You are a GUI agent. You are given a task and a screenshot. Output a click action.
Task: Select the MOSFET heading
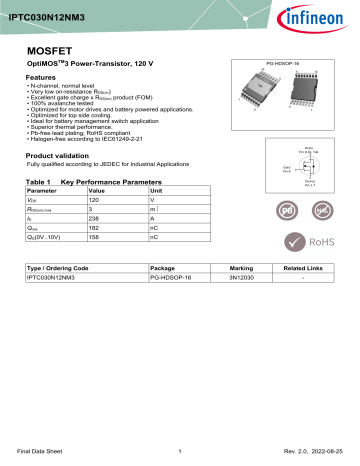(x=47, y=47)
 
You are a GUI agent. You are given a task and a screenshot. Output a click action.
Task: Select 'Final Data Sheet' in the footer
(x=47, y=451)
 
